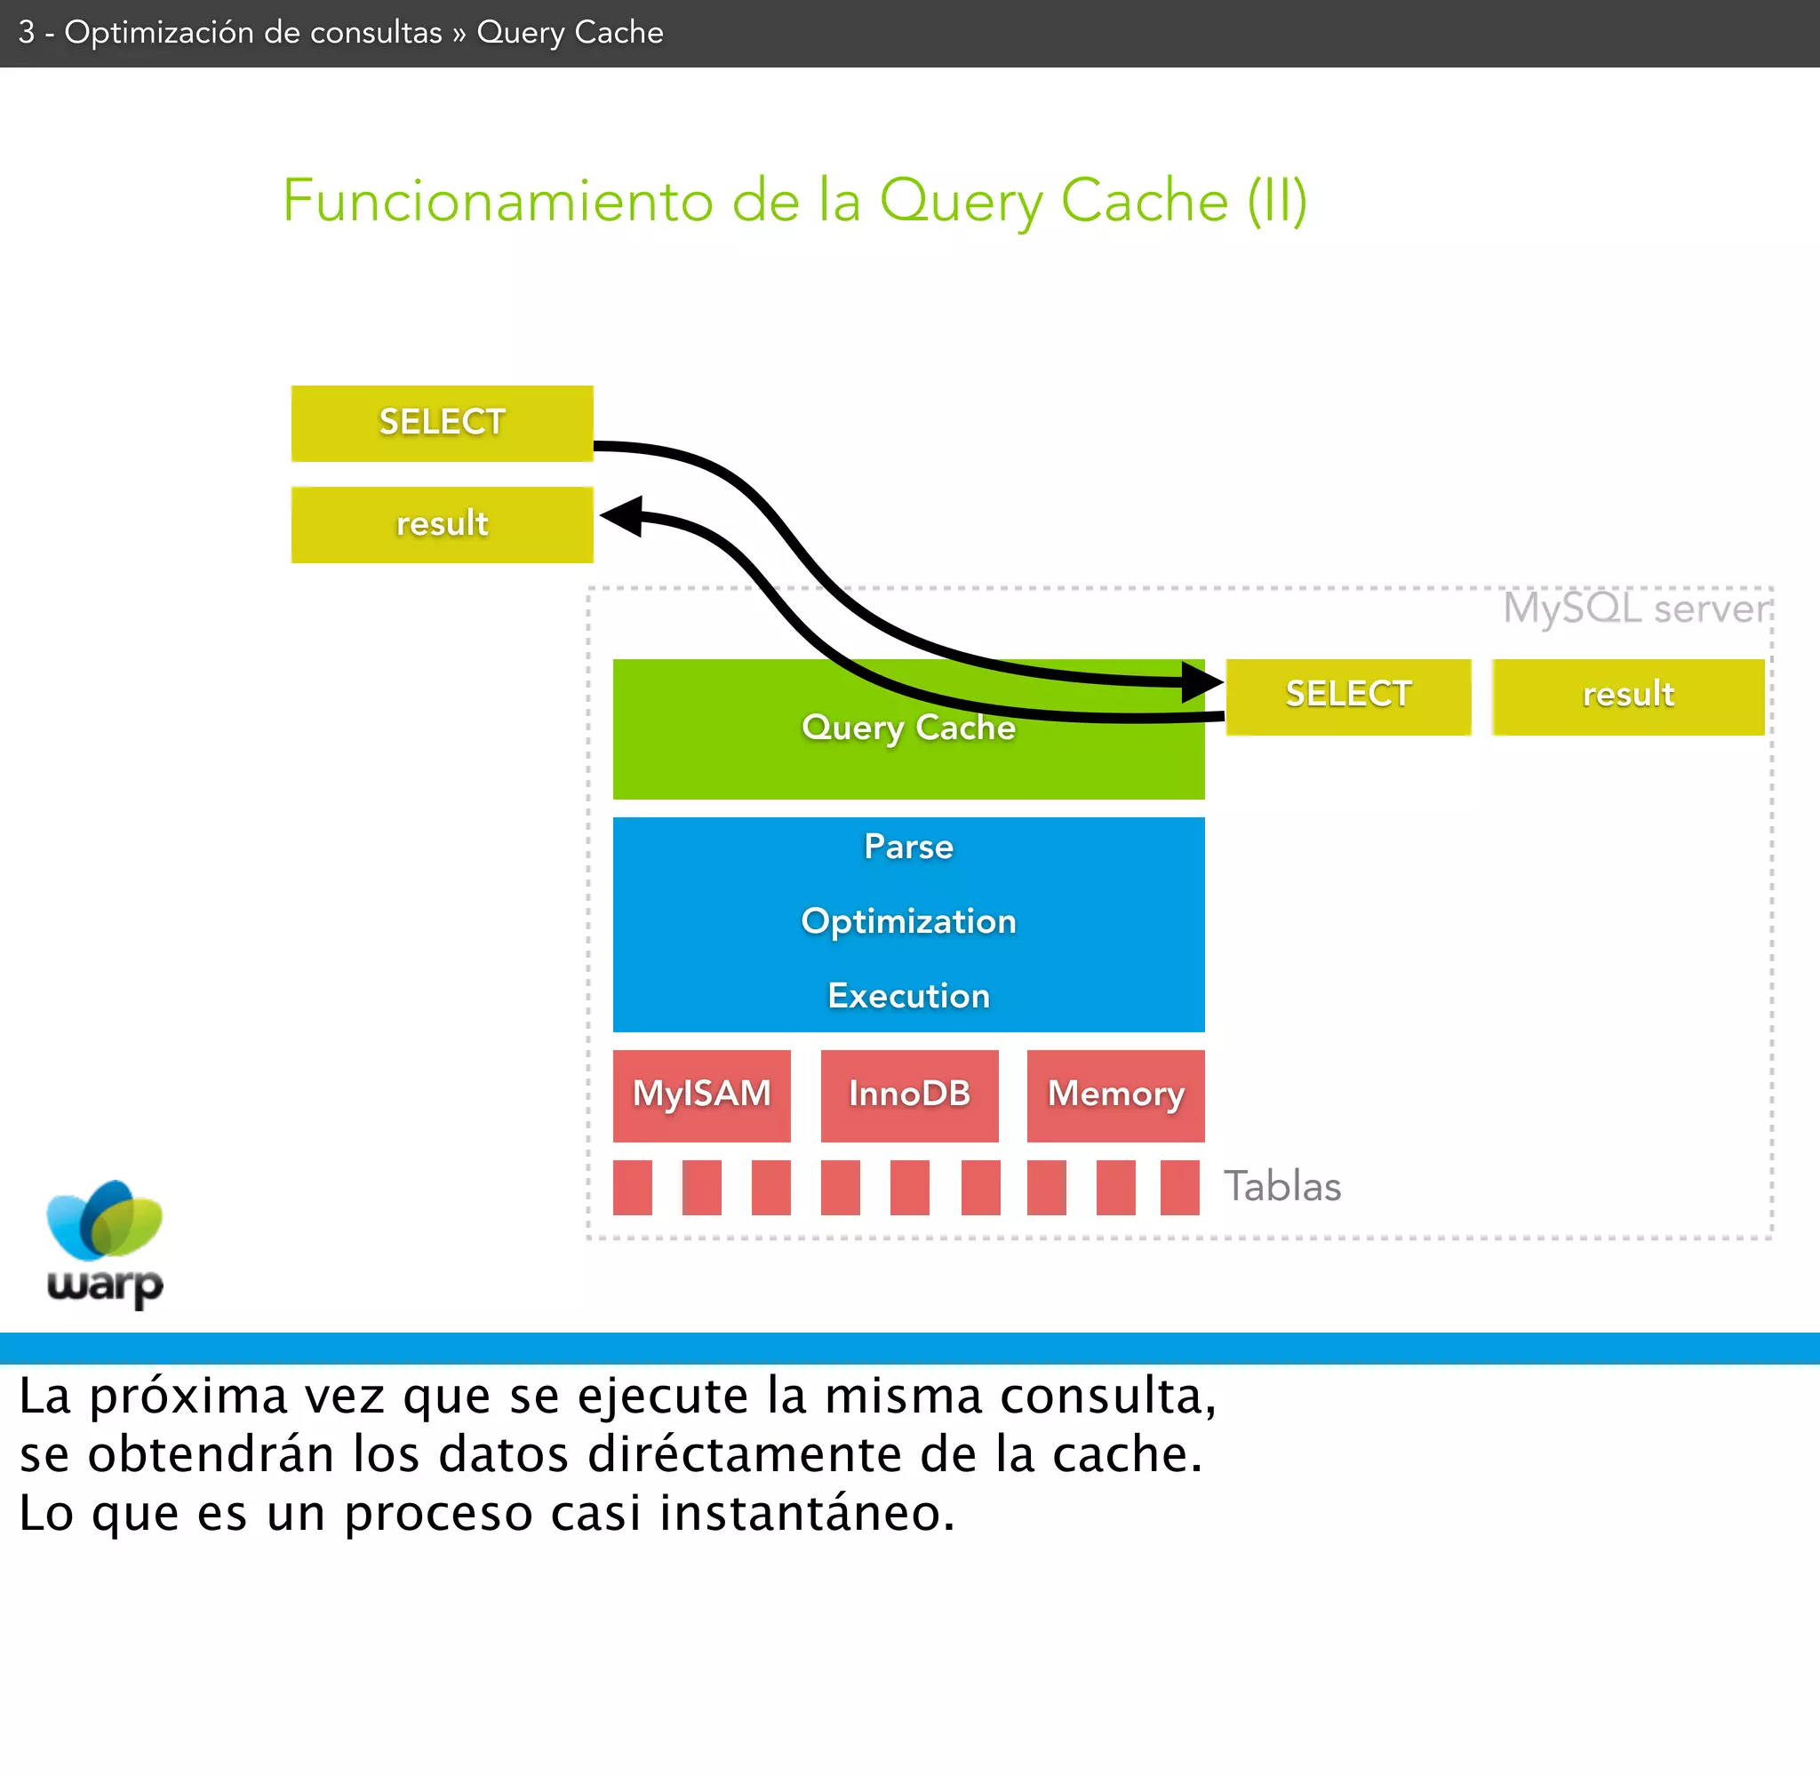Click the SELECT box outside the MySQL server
tap(442, 422)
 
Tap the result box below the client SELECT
tap(442, 524)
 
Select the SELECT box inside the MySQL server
tap(1348, 696)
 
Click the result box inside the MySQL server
tap(1628, 696)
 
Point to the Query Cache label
tap(908, 728)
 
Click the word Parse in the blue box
tap(908, 847)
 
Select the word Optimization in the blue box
tap(908, 921)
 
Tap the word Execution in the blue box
tap(908, 996)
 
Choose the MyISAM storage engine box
tap(701, 1094)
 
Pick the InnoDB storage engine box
tap(909, 1094)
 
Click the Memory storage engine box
tap(1115, 1094)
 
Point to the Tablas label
tap(1282, 1187)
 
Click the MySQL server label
tap(1636, 609)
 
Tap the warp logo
tap(105, 1243)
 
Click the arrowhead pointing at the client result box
tap(622, 515)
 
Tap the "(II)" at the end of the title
tap(1277, 202)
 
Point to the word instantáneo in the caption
tap(807, 1512)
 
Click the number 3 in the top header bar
tap(26, 33)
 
